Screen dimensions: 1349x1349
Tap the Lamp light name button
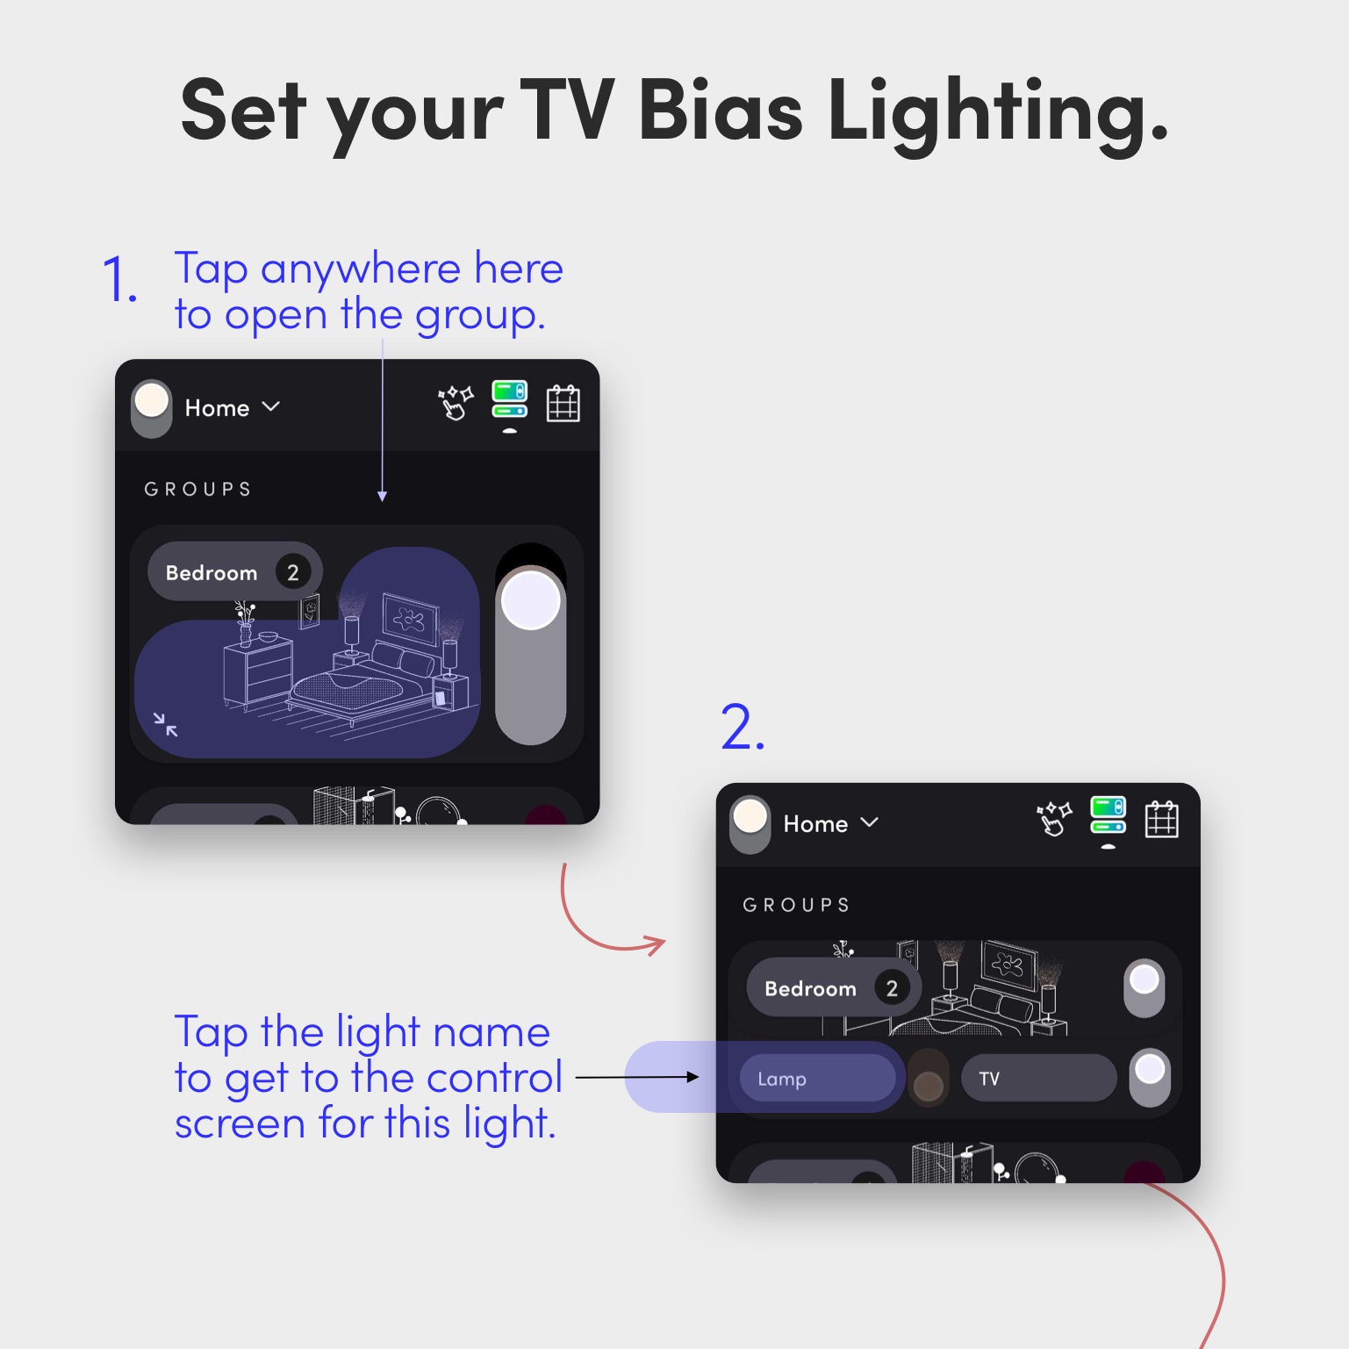click(817, 1078)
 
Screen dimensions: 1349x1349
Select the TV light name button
click(1038, 1078)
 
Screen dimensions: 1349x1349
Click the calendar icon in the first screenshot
click(563, 403)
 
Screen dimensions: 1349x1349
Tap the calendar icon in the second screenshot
click(1161, 819)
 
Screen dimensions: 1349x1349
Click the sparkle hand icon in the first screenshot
click(456, 403)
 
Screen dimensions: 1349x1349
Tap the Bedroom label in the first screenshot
click(212, 573)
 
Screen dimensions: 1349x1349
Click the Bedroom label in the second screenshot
click(810, 989)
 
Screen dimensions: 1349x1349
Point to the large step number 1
click(119, 280)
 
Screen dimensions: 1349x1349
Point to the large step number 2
click(743, 728)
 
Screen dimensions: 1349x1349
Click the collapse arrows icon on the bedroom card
click(165, 724)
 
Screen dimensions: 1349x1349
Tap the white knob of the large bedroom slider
click(530, 600)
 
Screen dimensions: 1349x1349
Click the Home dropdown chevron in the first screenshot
click(271, 406)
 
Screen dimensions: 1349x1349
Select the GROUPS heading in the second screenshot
click(796, 905)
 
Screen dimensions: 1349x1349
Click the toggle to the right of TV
click(1150, 1077)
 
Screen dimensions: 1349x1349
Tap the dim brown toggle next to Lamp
click(929, 1078)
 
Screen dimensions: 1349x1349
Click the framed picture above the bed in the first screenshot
click(410, 619)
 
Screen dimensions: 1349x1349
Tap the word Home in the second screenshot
click(815, 824)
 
